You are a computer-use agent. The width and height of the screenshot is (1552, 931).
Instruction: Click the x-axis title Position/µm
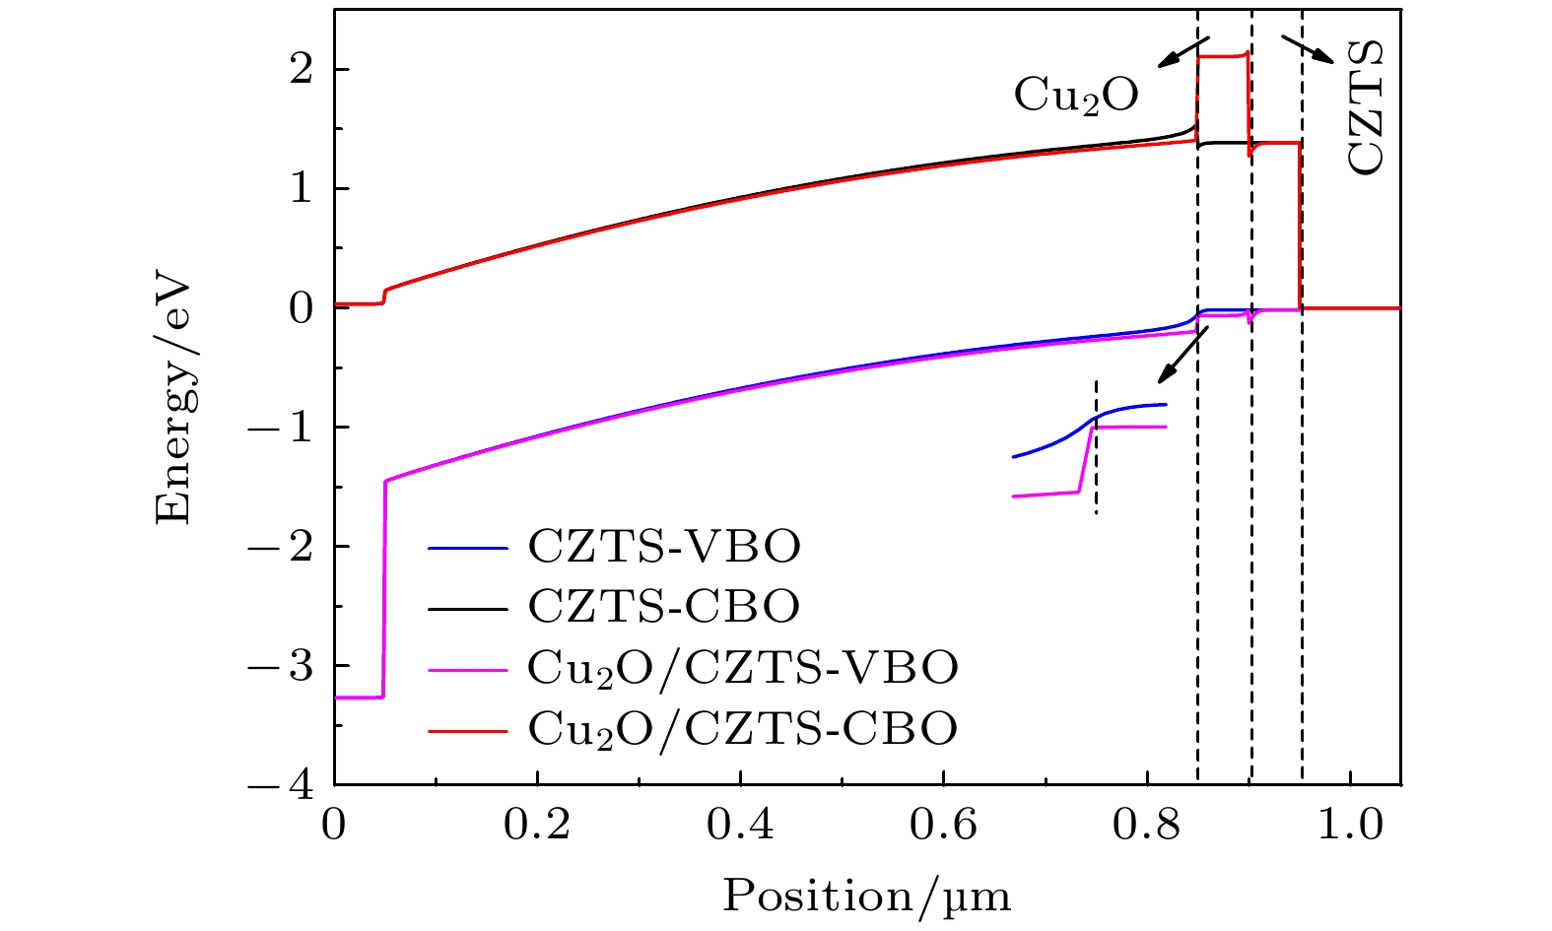pos(867,896)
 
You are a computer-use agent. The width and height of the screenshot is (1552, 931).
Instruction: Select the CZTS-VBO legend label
pos(664,547)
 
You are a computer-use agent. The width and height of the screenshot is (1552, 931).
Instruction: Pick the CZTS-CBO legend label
pos(664,607)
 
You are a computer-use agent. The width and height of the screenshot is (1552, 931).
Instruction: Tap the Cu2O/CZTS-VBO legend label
pos(743,668)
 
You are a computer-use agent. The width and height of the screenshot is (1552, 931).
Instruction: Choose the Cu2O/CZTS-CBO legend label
pos(743,729)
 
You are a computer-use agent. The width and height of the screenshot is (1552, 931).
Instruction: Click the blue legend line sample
pos(468,547)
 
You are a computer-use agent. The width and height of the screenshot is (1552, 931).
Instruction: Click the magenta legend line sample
pos(468,669)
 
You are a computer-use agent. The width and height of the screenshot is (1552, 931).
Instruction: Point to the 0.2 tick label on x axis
pos(537,825)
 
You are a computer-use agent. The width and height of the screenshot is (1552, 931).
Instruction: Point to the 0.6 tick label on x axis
pos(943,825)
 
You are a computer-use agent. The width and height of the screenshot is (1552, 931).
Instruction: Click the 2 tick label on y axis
pos(305,70)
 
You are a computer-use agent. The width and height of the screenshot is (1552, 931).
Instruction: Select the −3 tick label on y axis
pos(293,666)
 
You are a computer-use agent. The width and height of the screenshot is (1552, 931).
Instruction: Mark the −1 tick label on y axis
pos(293,428)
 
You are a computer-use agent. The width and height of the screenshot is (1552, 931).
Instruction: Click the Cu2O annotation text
pos(1076,95)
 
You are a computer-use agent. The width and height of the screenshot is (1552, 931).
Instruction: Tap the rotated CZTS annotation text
pos(1365,108)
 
